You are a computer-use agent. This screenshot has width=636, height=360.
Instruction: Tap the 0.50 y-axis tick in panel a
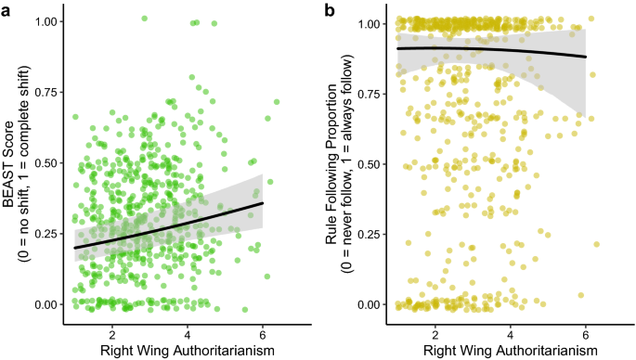[x=44, y=162]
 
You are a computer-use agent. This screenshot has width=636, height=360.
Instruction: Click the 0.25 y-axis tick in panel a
[x=44, y=234]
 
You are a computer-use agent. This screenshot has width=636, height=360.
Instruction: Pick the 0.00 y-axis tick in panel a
[x=44, y=304]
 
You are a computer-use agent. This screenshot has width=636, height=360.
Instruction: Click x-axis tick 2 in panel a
[x=111, y=332]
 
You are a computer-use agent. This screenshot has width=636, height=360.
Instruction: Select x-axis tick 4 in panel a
[x=188, y=332]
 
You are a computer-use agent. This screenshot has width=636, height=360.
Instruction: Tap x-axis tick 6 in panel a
[x=263, y=332]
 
